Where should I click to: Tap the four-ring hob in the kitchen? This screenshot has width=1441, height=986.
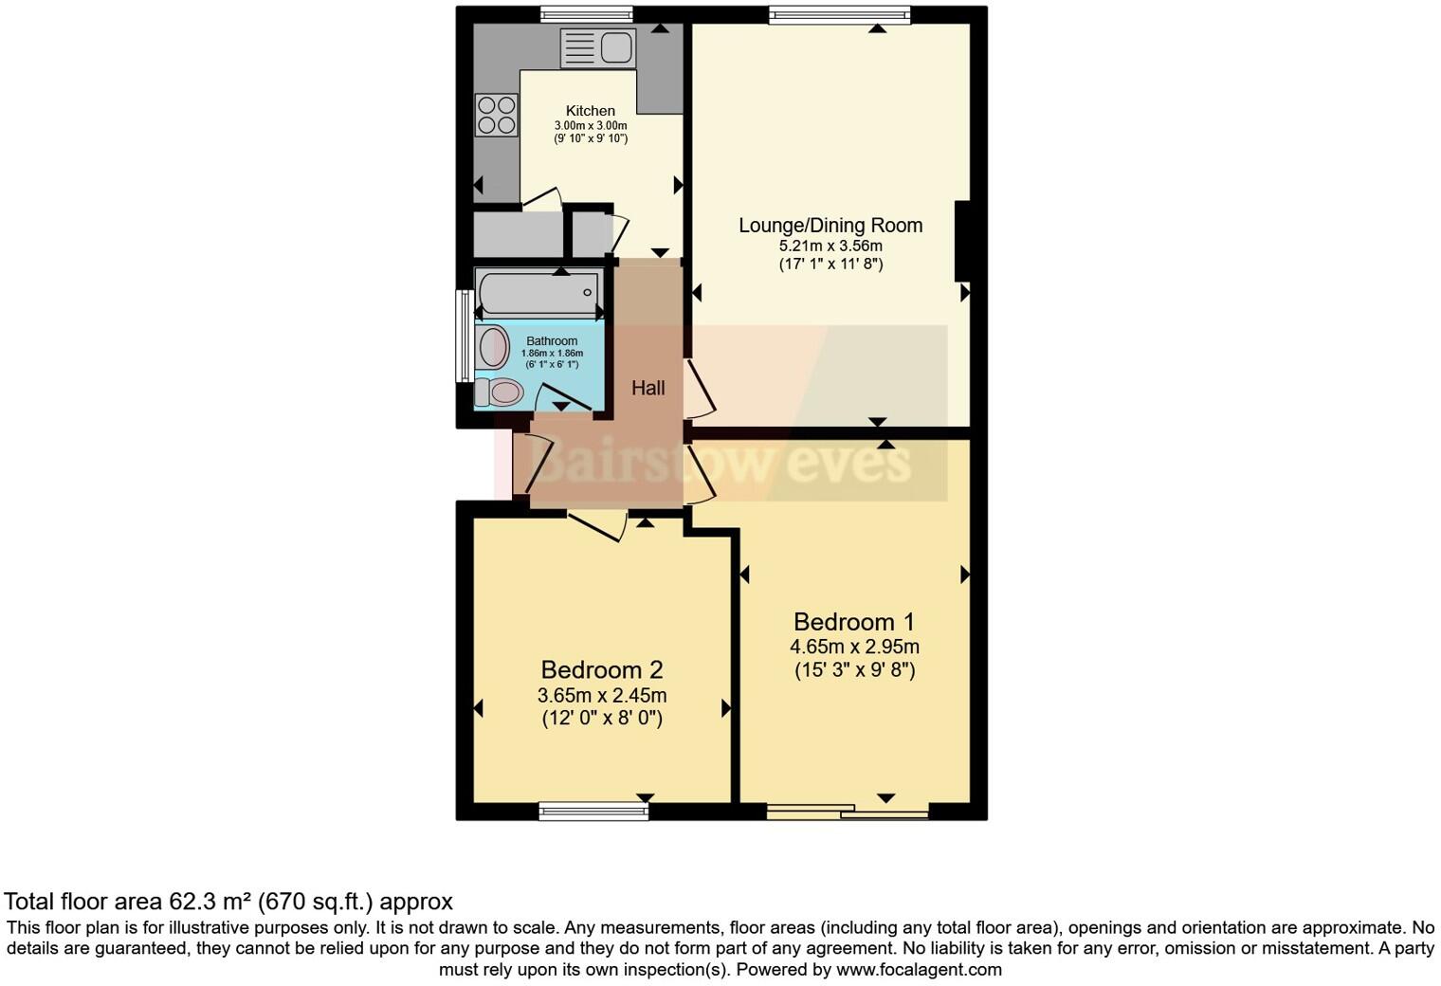point(497,115)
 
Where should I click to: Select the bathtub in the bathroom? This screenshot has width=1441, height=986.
point(538,293)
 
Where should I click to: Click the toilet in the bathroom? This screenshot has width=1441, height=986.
point(500,392)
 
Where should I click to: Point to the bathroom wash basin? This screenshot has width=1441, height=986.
point(493,347)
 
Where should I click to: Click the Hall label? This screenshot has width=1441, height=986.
point(648,388)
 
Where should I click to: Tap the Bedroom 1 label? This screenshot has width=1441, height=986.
point(853,622)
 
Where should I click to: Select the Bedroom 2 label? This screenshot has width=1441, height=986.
point(601,670)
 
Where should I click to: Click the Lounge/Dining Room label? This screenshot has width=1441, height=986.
point(830,226)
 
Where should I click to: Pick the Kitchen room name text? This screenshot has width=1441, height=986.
point(591,111)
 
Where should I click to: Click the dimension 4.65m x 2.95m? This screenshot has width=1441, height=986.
point(854,648)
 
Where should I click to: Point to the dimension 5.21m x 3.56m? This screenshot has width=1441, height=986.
point(830,246)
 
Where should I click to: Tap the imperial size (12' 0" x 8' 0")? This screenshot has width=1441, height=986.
point(602,719)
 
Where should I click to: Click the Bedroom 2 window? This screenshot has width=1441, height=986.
point(593,811)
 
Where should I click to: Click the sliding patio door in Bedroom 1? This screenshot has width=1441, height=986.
point(848,812)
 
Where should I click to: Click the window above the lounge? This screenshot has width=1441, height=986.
point(839,14)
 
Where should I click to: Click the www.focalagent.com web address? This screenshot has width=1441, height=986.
point(919,970)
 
